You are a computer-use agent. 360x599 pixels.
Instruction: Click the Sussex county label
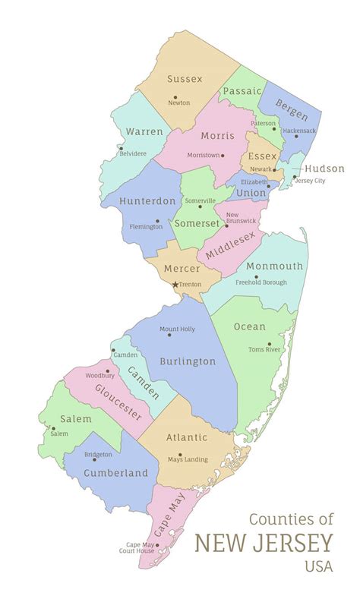(x=185, y=79)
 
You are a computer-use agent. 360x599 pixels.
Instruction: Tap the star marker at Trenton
(x=175, y=285)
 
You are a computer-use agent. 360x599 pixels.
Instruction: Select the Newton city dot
(x=175, y=97)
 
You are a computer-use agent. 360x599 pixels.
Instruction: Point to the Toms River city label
(x=265, y=349)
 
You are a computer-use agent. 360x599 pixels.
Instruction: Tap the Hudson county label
(x=324, y=169)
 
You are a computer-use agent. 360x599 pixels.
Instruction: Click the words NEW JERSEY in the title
(x=264, y=544)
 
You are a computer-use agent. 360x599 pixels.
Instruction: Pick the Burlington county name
(x=188, y=362)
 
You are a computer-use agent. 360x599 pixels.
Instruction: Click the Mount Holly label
(x=177, y=329)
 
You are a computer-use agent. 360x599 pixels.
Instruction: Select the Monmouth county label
(x=274, y=266)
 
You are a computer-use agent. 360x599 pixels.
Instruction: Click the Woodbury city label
(x=99, y=375)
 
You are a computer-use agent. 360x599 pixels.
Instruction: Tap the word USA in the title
(x=318, y=566)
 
